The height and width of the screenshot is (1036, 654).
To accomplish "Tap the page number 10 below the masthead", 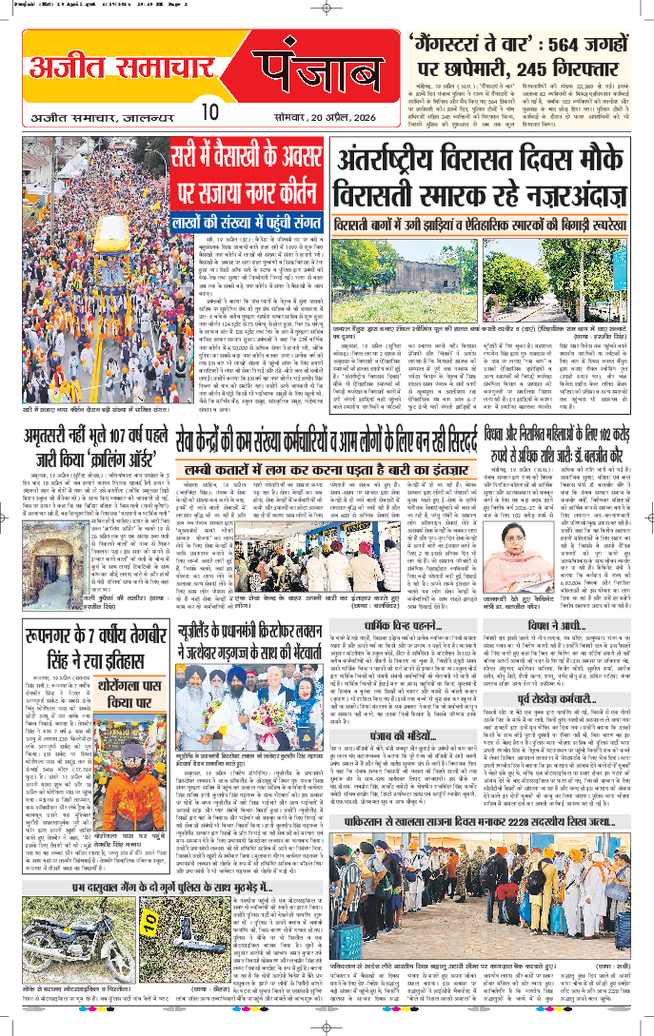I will click(211, 112).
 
